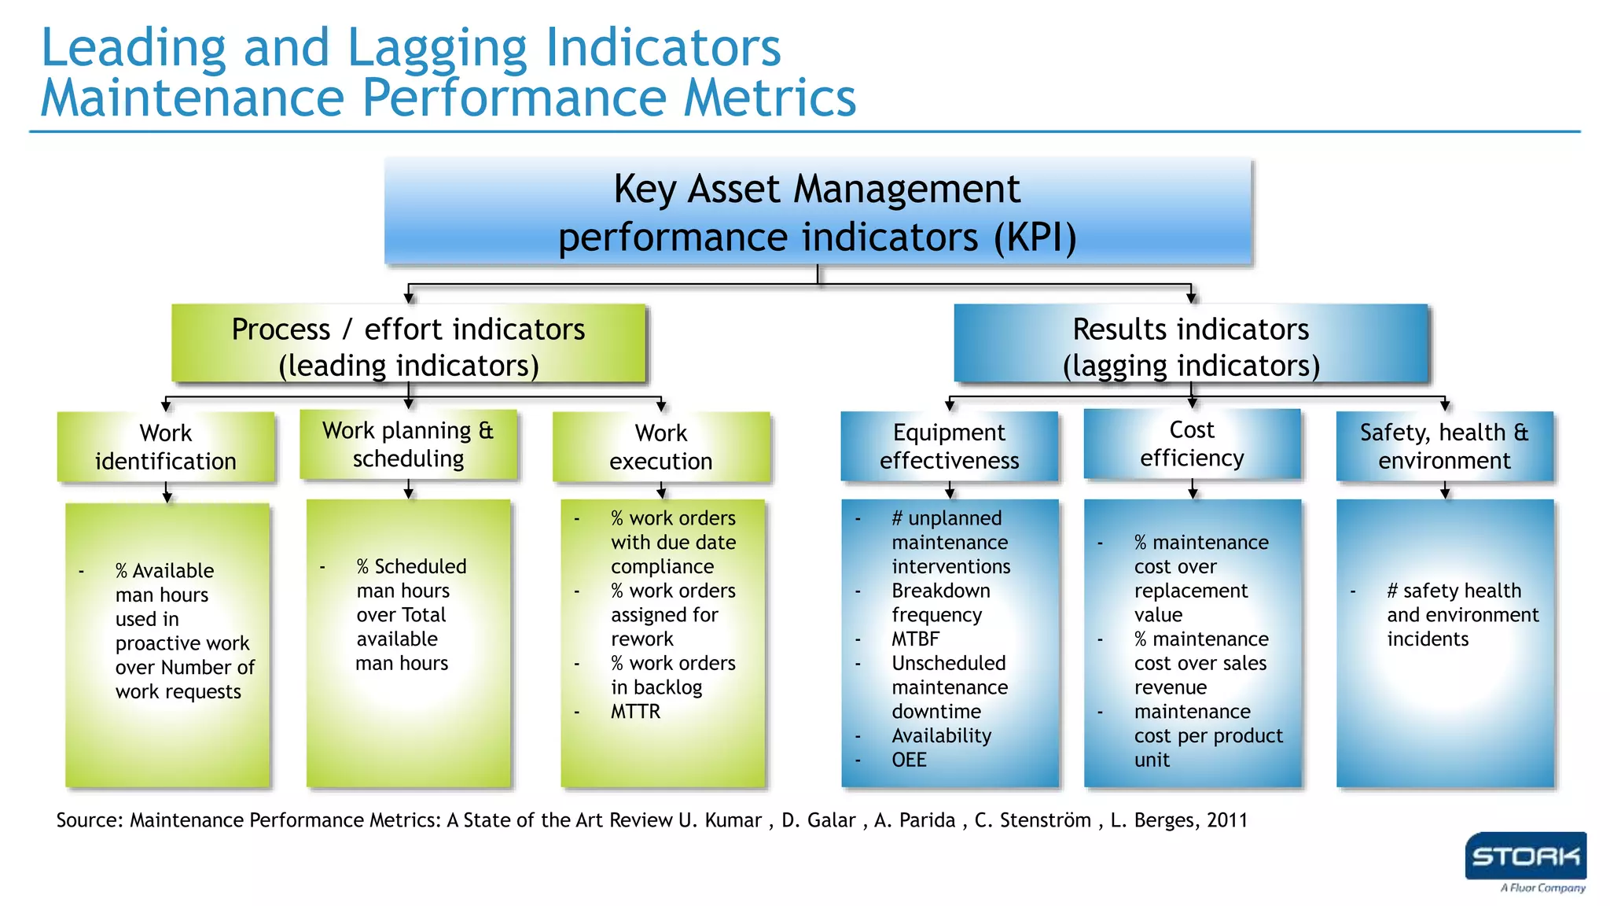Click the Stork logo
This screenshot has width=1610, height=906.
[x=1524, y=857]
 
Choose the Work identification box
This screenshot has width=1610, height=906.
[x=166, y=447]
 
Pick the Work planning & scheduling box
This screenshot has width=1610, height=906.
[x=408, y=444]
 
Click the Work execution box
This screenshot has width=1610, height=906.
[x=661, y=447]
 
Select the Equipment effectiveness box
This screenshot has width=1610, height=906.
[x=949, y=446]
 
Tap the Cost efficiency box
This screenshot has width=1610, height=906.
[x=1192, y=444]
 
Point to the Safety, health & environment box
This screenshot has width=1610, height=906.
[x=1444, y=446]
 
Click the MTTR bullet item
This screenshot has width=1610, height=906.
[x=635, y=712]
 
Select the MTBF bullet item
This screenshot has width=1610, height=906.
[x=915, y=639]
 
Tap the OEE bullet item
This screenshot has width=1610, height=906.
[x=909, y=761]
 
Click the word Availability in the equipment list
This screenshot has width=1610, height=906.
[x=941, y=736]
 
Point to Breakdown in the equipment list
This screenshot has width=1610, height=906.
[x=940, y=591]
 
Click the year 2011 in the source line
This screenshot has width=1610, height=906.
[x=1226, y=820]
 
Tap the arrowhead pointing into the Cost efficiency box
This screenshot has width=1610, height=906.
[x=1192, y=403]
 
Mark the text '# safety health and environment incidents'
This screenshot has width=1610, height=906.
[x=1461, y=615]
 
